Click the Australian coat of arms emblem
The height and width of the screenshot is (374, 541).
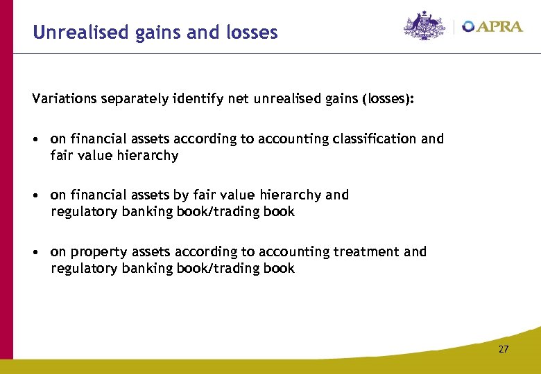click(424, 26)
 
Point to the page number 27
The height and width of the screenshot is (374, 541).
click(504, 349)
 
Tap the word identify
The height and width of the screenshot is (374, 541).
click(198, 99)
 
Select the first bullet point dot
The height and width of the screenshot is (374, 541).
click(36, 139)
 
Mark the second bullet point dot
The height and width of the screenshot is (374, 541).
click(36, 195)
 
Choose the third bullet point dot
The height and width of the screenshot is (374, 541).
click(36, 252)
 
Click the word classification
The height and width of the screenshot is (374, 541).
click(372, 139)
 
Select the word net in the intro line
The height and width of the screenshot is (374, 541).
click(240, 99)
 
